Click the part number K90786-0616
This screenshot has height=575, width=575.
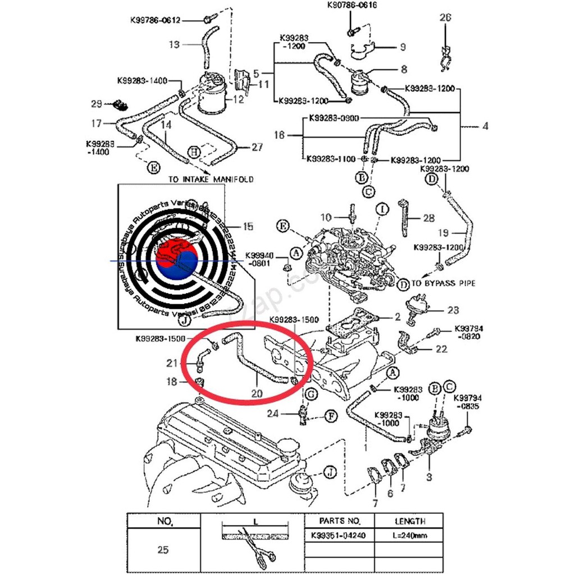click(352, 5)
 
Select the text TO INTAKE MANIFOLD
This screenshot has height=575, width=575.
click(211, 179)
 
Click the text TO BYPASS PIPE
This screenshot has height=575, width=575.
click(443, 284)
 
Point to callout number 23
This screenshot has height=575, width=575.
click(453, 309)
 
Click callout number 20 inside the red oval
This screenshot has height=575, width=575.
click(257, 393)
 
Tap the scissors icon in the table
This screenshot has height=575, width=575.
click(255, 547)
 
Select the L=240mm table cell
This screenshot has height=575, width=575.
click(408, 535)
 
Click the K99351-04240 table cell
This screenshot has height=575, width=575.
click(338, 535)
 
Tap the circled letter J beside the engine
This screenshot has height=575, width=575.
click(330, 472)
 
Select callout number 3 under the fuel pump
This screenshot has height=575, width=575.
click(428, 477)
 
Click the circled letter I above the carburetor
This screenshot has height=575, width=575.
click(382, 210)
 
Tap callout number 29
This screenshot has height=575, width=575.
click(97, 104)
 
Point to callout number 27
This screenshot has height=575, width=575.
click(257, 148)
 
